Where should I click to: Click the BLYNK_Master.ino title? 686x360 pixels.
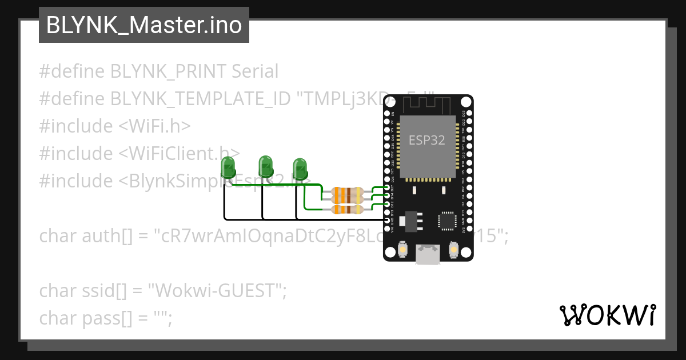pyautogui.click(x=143, y=25)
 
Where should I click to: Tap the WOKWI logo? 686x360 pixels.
pyautogui.click(x=607, y=315)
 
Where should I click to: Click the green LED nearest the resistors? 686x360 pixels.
pyautogui.click(x=300, y=169)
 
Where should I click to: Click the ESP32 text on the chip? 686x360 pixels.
pyautogui.click(x=426, y=140)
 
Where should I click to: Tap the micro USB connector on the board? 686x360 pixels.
pyautogui.click(x=428, y=254)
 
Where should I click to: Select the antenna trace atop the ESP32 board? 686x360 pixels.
pyautogui.click(x=428, y=105)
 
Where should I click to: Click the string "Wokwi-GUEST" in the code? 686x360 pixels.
pyautogui.click(x=217, y=291)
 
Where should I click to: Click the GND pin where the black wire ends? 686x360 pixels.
pyautogui.click(x=388, y=220)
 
